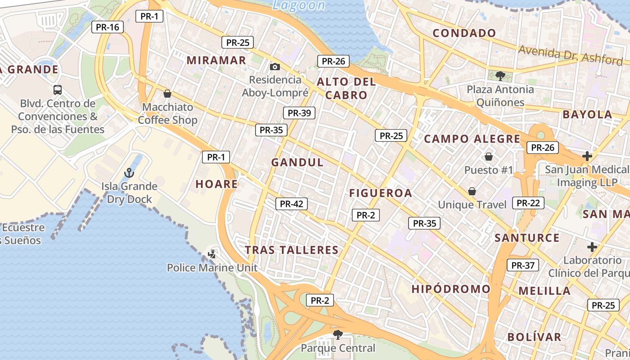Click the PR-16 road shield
click(x=108, y=27)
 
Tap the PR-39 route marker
click(x=299, y=113)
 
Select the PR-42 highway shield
click(x=292, y=204)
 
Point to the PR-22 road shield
click(x=528, y=203)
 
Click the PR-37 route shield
click(x=523, y=265)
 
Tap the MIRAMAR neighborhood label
click(x=216, y=60)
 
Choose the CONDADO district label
click(x=464, y=33)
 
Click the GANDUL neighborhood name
click(x=297, y=162)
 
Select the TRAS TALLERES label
click(x=292, y=250)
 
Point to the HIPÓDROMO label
click(x=451, y=289)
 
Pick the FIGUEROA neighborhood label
click(x=381, y=193)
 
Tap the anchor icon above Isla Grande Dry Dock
click(x=129, y=173)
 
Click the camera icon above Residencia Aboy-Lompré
click(x=275, y=67)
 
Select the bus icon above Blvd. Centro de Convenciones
click(x=58, y=90)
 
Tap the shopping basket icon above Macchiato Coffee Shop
click(x=167, y=94)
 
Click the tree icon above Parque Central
click(x=337, y=334)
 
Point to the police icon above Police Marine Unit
click(x=212, y=254)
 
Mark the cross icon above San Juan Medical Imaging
click(x=587, y=156)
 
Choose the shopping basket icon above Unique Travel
click(x=472, y=192)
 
